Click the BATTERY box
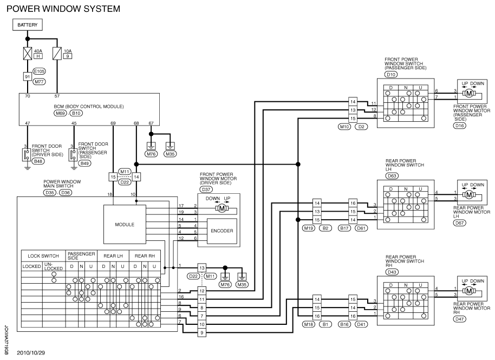28,24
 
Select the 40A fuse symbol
28,54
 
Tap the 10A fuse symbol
57,54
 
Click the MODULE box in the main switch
125,224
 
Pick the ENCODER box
222,231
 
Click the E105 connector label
39,71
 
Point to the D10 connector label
391,75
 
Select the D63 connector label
392,176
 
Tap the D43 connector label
392,272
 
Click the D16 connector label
460,126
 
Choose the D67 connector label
459,222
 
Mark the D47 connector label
459,319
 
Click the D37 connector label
206,189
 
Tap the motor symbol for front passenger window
469,94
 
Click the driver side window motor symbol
222,208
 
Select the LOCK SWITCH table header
43,256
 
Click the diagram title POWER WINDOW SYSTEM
63,9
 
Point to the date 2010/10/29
31,353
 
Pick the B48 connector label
38,161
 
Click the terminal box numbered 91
28,77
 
